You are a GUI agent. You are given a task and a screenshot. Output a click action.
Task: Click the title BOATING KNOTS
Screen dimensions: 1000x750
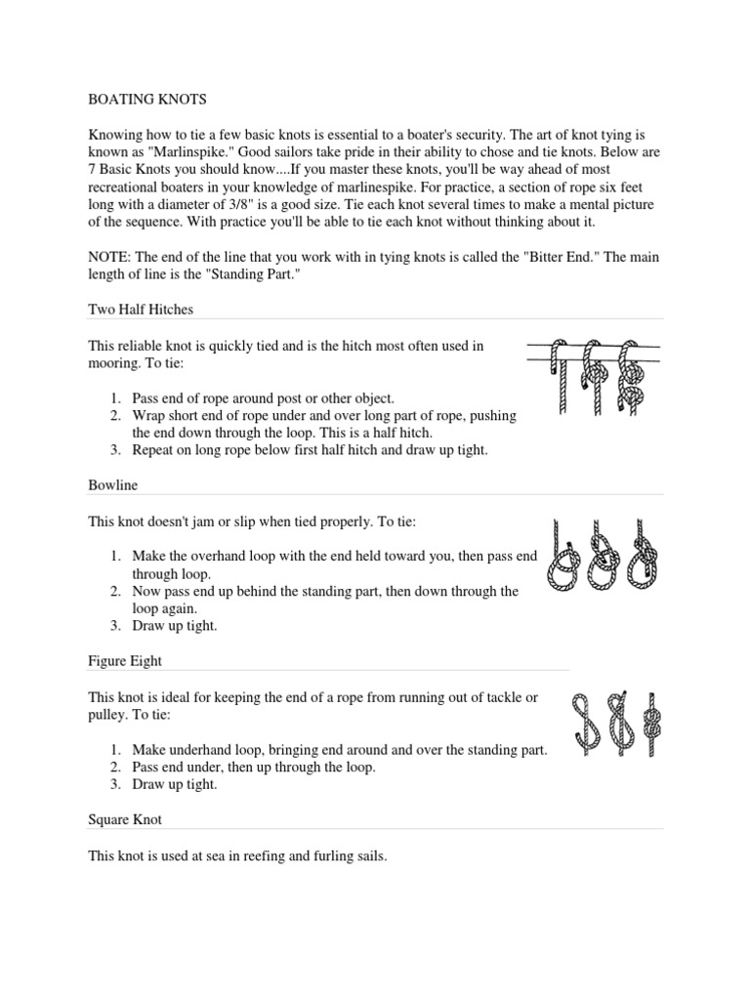point(146,100)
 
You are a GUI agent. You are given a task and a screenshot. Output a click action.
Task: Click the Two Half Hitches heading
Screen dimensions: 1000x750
point(141,310)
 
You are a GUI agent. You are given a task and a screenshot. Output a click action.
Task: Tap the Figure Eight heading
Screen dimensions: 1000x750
point(125,661)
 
